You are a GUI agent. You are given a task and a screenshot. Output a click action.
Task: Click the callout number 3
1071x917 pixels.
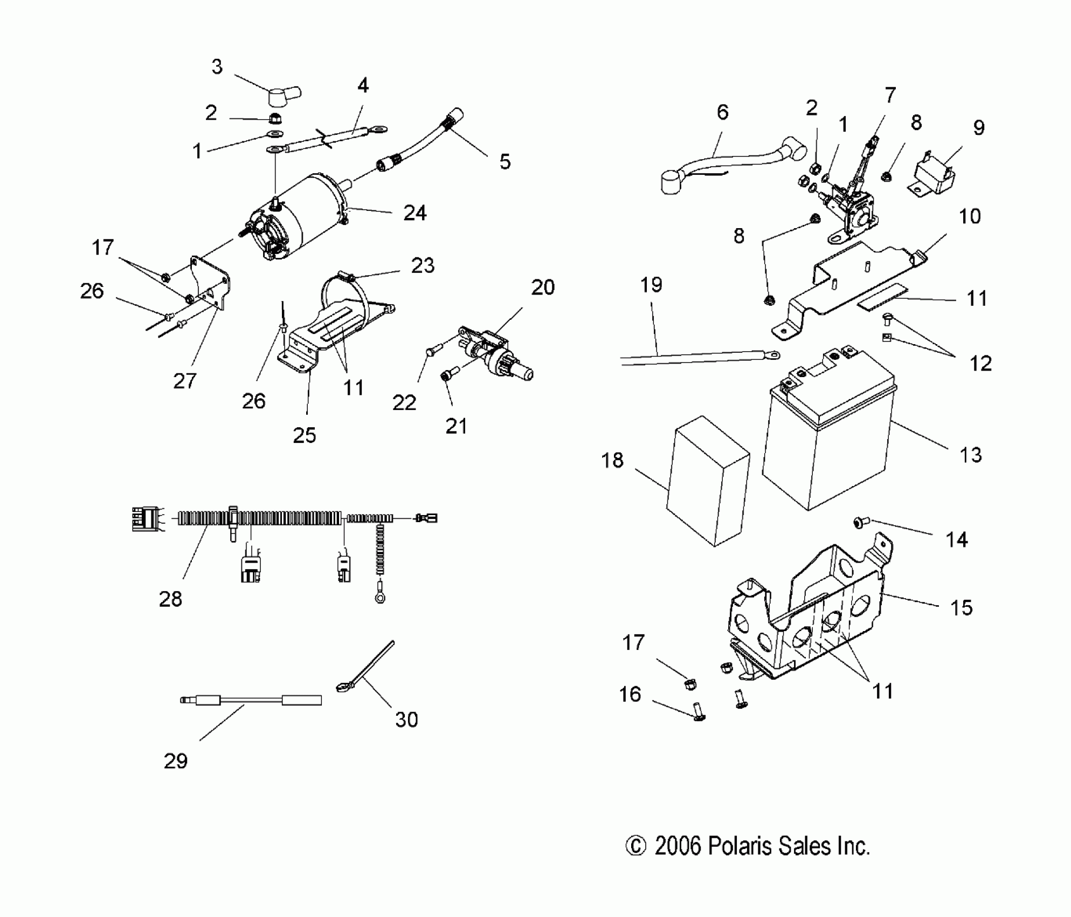217,67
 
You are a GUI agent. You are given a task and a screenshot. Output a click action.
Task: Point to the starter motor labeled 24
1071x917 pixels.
302,216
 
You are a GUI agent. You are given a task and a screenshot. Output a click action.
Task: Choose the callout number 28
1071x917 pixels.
170,599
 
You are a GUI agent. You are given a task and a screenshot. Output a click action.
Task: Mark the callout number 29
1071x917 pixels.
175,761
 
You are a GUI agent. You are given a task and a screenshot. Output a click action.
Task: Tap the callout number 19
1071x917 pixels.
651,285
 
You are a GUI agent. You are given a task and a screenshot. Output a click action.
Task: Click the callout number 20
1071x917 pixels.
542,288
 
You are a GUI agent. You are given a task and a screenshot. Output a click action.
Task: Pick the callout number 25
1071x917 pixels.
304,435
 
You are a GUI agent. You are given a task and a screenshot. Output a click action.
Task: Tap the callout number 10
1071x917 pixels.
970,217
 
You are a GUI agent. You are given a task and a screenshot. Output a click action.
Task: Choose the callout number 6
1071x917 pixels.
723,112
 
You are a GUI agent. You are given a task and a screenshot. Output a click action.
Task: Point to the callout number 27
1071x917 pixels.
184,381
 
